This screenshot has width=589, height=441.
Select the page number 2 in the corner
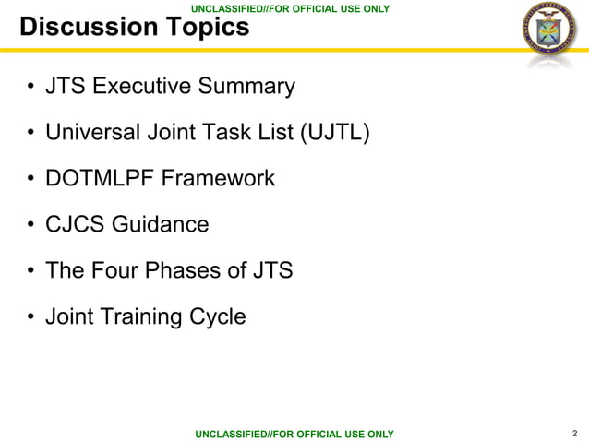click(x=575, y=433)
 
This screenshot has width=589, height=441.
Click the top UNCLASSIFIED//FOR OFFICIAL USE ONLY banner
click(x=290, y=8)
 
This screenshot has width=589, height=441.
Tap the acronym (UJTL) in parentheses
click(x=335, y=134)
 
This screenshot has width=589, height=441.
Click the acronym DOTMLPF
click(x=100, y=179)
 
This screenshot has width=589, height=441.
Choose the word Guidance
click(x=162, y=225)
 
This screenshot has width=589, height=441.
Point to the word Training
click(x=139, y=317)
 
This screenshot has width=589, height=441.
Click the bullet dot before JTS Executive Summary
click(x=30, y=89)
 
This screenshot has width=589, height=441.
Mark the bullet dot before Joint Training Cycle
click(x=30, y=318)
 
